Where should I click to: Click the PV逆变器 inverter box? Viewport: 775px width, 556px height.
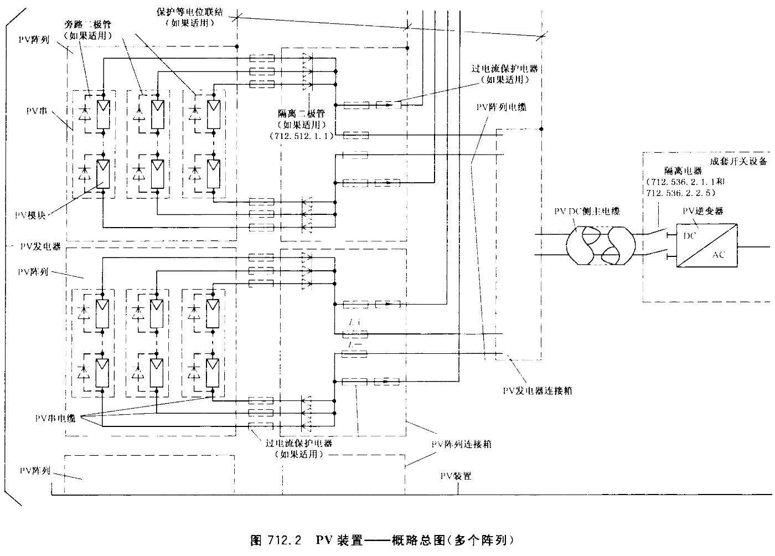pos(707,246)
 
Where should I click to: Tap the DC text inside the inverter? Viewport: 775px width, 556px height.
pos(690,236)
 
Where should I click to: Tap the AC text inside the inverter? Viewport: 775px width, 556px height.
pos(718,255)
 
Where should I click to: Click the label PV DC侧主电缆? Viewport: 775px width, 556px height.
pos(587,211)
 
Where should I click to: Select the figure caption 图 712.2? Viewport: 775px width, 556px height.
pos(275,539)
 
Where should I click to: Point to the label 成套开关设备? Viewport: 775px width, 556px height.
pos(738,162)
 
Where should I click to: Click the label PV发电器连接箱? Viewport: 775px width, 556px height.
pos(537,390)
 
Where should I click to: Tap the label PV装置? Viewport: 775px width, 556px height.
pos(456,476)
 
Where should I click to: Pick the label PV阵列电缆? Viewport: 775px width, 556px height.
pos(500,107)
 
